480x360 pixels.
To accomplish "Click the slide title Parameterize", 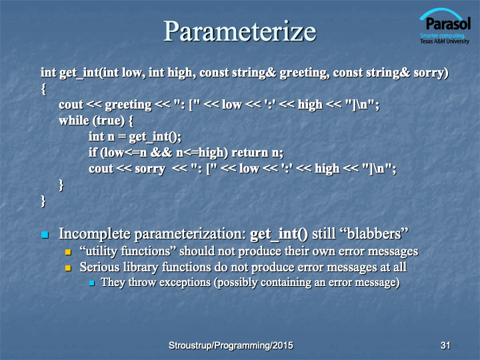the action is (240, 31).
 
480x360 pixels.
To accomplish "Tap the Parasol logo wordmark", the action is (448, 23).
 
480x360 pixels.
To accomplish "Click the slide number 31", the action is (445, 345).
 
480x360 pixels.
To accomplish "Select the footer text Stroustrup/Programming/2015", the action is (231, 345).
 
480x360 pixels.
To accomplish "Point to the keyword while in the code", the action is (74, 120).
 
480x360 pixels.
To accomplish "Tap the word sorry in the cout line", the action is (150, 169).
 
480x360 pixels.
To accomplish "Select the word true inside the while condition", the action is (109, 121).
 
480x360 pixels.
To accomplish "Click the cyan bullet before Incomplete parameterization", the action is (45, 235).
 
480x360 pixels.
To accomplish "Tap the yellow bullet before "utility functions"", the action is (68, 252).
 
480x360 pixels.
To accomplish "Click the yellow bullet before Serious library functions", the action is (68, 268).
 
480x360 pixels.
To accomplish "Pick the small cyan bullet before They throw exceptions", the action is (91, 283).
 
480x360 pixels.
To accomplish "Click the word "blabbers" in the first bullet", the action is (375, 233).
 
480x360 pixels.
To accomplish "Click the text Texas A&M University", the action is (445, 41).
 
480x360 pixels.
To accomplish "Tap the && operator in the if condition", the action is (161, 153).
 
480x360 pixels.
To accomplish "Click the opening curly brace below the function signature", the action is (44, 89).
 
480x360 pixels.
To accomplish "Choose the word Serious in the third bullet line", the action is (99, 267).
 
